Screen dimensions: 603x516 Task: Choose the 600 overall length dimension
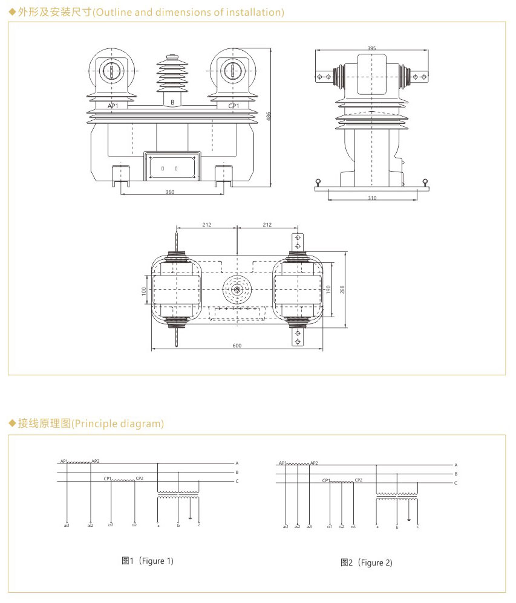[237, 346]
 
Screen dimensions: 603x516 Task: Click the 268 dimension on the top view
[342, 289]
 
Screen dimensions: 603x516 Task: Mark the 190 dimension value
[328, 289]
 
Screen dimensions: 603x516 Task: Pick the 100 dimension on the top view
[144, 290]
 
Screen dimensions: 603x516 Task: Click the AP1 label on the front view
[113, 105]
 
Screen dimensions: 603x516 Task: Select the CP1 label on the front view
[234, 105]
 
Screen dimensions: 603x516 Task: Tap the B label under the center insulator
[172, 103]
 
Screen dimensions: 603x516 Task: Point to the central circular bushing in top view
[237, 290]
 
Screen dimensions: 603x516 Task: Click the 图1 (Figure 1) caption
[148, 561]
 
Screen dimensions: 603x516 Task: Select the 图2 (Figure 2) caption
[367, 563]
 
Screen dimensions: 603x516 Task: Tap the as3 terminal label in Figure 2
[310, 526]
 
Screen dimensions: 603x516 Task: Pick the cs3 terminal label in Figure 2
[353, 526]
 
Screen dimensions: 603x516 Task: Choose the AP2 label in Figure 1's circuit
[95, 461]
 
